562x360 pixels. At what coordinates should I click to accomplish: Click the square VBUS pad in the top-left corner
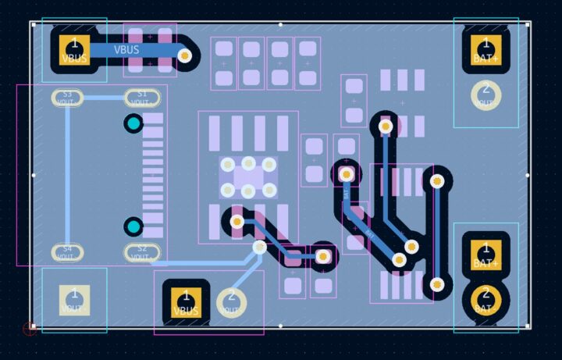[x=75, y=48]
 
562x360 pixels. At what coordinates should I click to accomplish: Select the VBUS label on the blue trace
[x=126, y=50]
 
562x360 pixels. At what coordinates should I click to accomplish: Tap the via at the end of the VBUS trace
[x=184, y=55]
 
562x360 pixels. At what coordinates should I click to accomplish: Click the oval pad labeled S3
[x=67, y=98]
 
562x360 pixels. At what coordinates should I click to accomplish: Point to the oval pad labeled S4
[x=67, y=252]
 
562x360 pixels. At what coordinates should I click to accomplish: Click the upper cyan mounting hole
[x=133, y=123]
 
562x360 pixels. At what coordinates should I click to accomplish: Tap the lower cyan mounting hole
[x=133, y=226]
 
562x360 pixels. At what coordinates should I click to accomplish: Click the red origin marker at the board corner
[x=30, y=329]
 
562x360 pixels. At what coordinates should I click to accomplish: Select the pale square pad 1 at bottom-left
[x=75, y=300]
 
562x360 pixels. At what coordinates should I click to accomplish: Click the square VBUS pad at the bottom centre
[x=186, y=301]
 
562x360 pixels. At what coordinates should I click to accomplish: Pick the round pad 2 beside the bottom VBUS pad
[x=231, y=301]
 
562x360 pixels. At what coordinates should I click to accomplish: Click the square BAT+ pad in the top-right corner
[x=486, y=48]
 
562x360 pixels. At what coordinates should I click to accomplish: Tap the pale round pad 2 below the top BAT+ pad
[x=486, y=94]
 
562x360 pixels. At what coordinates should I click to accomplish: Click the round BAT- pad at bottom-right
[x=486, y=299]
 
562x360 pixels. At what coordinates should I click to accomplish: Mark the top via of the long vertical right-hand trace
[x=437, y=181]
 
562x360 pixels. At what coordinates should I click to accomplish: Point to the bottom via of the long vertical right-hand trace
[x=437, y=284]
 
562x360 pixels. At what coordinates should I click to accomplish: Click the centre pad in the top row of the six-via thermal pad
[x=248, y=163]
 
